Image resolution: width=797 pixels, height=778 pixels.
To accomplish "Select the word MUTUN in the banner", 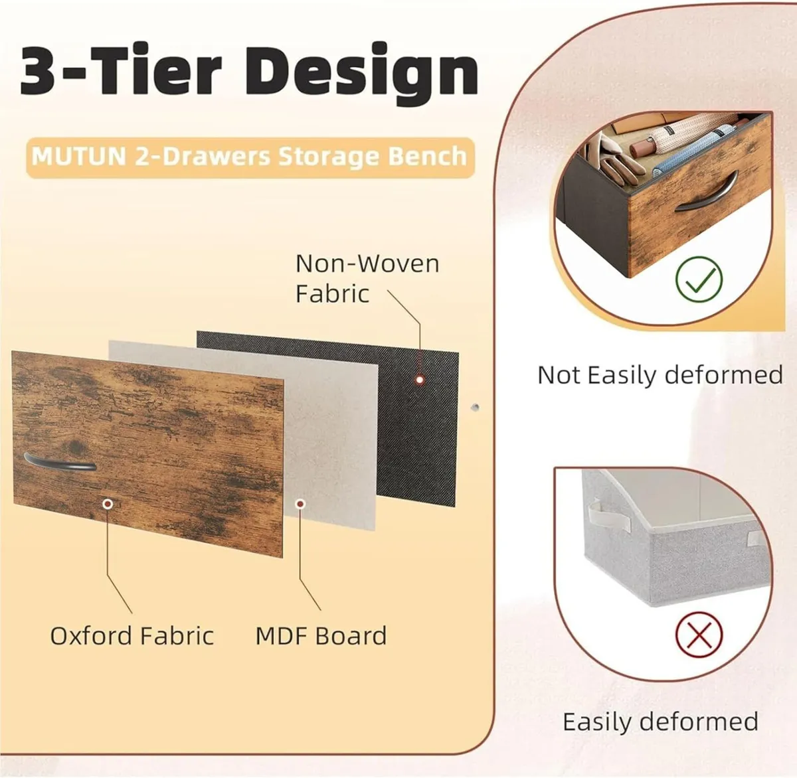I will coord(79,157).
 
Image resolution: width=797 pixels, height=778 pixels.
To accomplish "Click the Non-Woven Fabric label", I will coord(367,278).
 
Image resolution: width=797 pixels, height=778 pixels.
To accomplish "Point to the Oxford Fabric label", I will coord(132,636).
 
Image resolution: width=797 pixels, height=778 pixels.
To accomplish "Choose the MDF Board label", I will coord(321,636).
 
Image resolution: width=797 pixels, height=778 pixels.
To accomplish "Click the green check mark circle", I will coord(699,279).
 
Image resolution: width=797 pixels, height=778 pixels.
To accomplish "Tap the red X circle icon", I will coord(699,635).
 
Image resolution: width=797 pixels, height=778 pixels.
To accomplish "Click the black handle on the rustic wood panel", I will coord(60,462).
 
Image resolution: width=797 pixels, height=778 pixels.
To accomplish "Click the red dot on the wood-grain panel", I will coord(108,504).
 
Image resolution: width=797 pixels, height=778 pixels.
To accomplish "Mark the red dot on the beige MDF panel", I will coord(300,505).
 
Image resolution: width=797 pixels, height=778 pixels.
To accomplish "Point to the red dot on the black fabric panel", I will coord(420,380).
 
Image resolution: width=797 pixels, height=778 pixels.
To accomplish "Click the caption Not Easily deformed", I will coord(660,375).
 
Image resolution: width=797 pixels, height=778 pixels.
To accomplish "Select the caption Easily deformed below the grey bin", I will coord(660,722).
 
